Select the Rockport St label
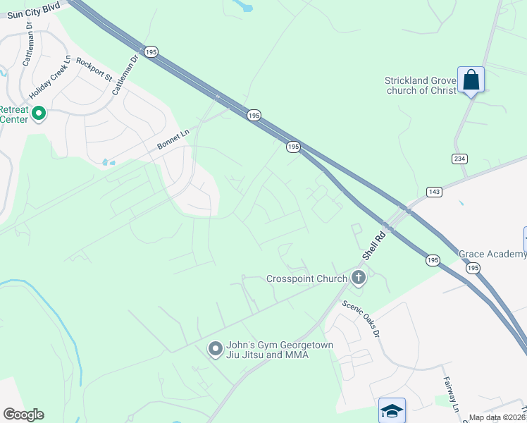tap(94, 69)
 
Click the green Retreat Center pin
tap(39, 113)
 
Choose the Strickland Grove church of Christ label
tap(421, 85)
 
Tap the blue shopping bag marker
tap(471, 79)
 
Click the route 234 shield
tap(459, 159)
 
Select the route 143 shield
tap(434, 192)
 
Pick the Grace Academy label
tap(492, 254)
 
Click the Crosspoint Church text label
tap(306, 278)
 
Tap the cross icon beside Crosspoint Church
tap(359, 278)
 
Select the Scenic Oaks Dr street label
tap(361, 318)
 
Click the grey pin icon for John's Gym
tap(216, 349)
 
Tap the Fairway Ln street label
tap(451, 394)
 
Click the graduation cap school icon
tap(392, 410)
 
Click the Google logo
tap(23, 415)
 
